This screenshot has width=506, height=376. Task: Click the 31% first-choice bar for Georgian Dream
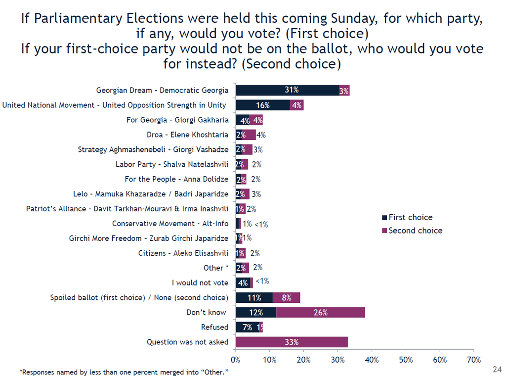(287, 90)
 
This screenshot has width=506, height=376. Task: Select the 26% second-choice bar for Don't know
(320, 312)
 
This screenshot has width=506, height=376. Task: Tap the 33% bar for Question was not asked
(292, 342)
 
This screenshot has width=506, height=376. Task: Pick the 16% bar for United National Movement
(262, 105)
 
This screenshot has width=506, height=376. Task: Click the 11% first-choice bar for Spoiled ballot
(254, 297)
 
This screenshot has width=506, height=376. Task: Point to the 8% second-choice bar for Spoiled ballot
(287, 297)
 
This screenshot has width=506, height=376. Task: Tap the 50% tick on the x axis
(406, 359)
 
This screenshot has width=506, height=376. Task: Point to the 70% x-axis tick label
(474, 359)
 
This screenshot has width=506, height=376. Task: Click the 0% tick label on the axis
(236, 359)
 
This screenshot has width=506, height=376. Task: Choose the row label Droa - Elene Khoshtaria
(187, 135)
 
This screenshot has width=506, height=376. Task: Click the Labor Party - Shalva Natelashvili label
(172, 164)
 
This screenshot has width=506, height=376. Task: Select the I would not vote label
(200, 282)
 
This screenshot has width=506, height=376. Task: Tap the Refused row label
(214, 327)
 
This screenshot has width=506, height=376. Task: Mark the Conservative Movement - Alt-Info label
(170, 224)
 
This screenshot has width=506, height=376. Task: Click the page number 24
(497, 369)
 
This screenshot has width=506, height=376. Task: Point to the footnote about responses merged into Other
(125, 372)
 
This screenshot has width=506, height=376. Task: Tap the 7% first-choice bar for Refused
(247, 327)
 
